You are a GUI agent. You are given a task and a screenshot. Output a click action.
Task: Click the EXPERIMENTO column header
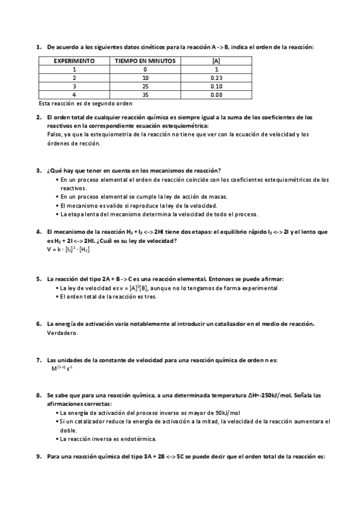pos(74,61)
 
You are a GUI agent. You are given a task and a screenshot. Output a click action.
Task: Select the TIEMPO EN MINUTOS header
pos(145,61)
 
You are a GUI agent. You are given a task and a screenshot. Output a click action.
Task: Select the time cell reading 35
pos(145,94)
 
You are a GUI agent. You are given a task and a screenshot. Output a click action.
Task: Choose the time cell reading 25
pos(145,86)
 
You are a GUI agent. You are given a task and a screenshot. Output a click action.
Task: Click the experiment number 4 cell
pos(74,94)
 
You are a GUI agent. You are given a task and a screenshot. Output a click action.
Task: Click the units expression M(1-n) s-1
pos(63,368)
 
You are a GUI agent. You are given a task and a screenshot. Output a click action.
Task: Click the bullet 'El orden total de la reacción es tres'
pos(108,297)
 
